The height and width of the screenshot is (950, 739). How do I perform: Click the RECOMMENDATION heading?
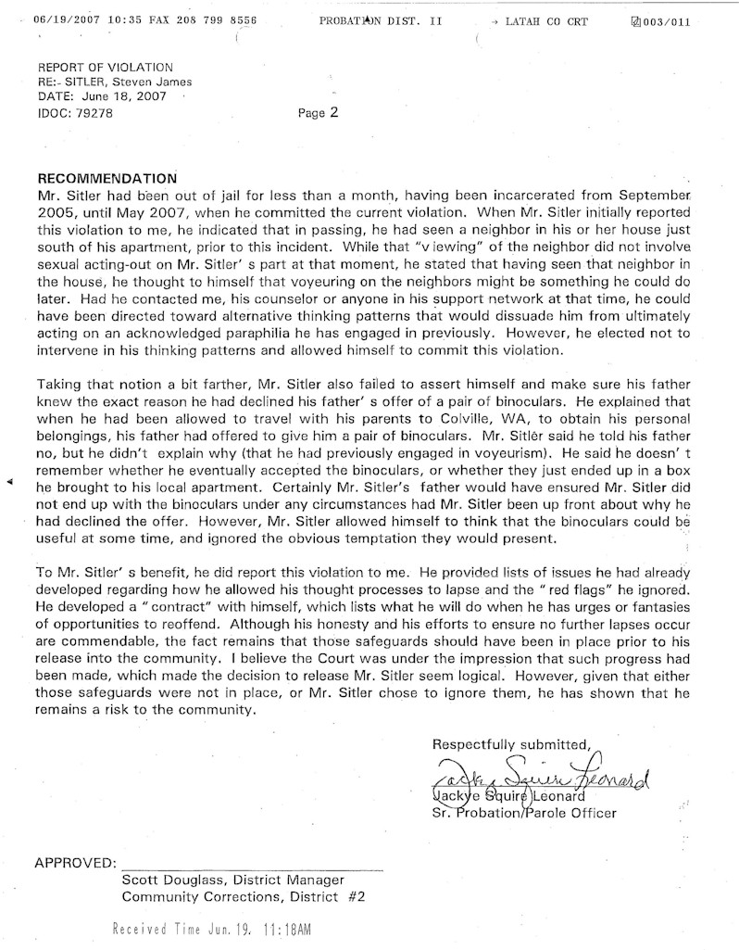pos(106,177)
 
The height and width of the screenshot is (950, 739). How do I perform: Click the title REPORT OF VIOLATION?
pos(105,67)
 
